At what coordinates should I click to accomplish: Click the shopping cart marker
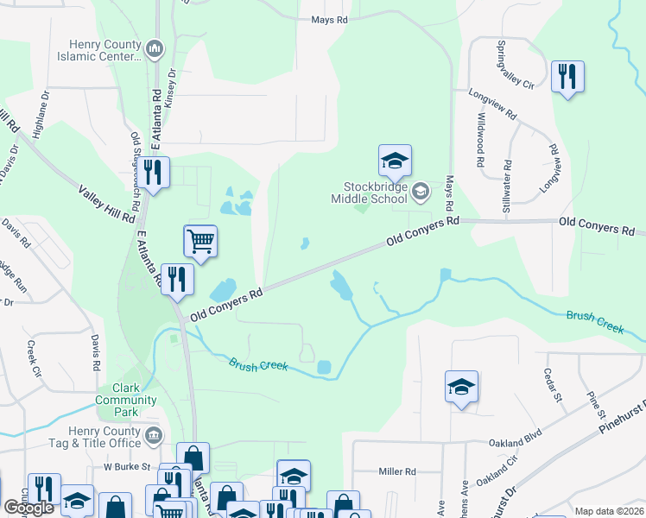[x=200, y=241]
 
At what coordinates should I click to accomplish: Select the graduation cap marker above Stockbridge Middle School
[x=395, y=160]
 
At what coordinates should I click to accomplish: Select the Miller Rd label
[x=397, y=471]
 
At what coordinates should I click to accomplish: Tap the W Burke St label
[x=127, y=466]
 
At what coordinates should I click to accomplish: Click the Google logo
[x=28, y=508]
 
